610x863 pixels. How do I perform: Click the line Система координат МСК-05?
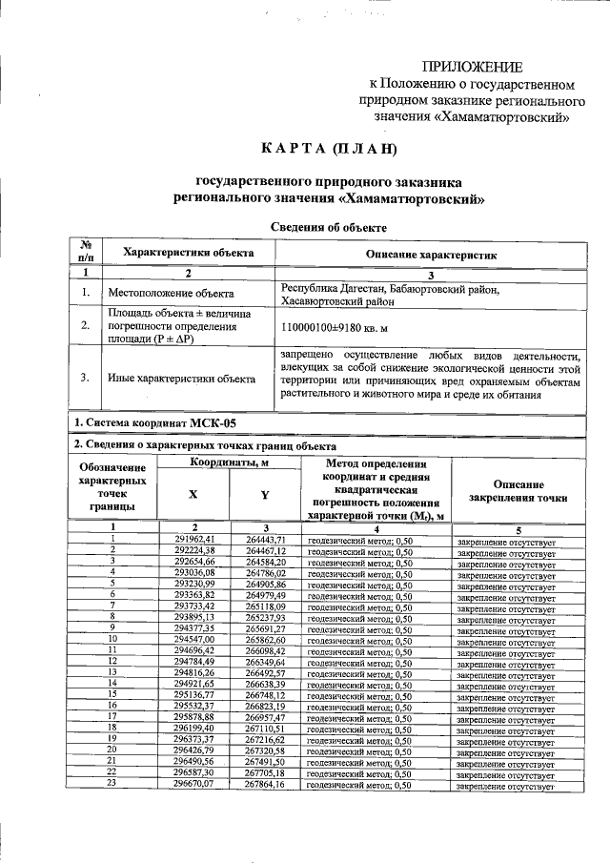153,422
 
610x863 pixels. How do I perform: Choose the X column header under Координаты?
193,494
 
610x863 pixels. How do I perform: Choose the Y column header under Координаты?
265,494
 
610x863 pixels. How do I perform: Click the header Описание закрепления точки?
518,491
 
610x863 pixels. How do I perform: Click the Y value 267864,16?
265,785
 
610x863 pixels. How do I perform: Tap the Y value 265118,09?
265,606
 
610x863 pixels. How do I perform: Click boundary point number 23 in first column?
112,784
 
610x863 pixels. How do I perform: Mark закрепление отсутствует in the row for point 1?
506,541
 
